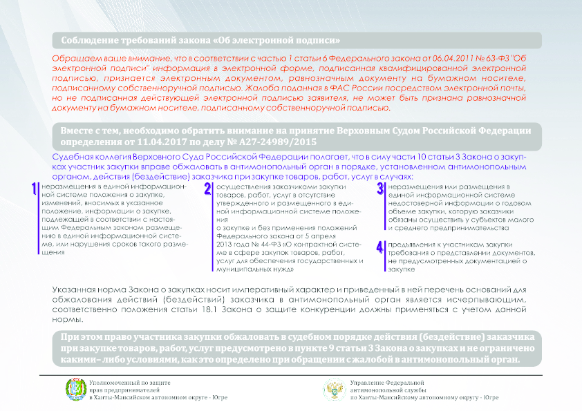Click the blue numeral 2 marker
pyautogui.click(x=207, y=190)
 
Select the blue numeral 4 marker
pyautogui.click(x=379, y=247)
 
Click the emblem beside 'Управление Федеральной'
pyautogui.click(x=335, y=390)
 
